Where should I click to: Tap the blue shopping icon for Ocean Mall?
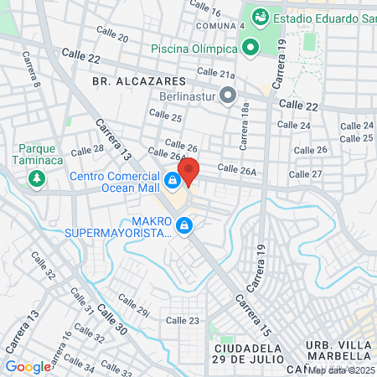172,180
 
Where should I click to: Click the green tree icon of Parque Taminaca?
36,178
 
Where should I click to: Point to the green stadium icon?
258,16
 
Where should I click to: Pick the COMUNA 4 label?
220,26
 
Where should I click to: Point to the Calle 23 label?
183,320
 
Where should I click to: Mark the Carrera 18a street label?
244,127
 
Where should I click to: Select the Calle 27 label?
305,174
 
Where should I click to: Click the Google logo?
28,366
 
